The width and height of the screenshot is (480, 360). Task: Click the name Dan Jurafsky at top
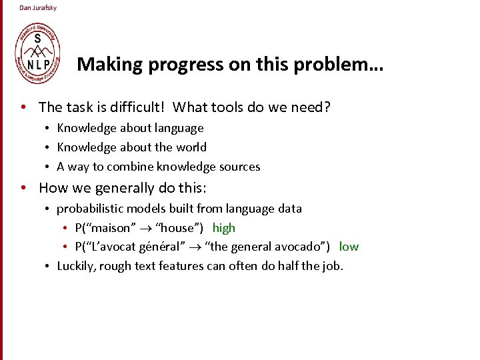click(38, 8)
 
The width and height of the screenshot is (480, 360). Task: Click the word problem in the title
click(336, 65)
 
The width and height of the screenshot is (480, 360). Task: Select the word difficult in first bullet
click(140, 107)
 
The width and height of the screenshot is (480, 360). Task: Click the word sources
click(238, 167)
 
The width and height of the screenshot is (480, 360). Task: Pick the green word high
click(224, 228)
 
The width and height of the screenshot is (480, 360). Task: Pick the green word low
click(349, 247)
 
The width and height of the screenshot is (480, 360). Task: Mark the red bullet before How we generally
click(23, 188)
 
